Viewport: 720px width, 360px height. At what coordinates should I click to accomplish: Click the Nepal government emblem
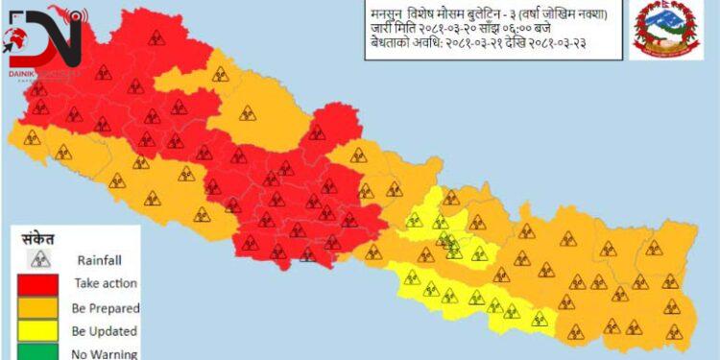pos(665,32)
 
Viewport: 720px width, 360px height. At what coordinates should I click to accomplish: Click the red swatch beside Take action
pos(39,283)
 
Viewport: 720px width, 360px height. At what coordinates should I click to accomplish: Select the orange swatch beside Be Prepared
pos(39,307)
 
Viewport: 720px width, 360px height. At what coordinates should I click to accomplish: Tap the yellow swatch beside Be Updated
pos(39,331)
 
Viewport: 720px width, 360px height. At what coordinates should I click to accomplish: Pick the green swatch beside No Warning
pos(39,352)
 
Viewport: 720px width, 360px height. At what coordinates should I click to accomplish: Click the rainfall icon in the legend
pos(39,258)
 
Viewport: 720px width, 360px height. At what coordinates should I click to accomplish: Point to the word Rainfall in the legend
pos(100,259)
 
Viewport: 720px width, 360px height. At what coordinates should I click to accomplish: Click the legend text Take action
pos(106,283)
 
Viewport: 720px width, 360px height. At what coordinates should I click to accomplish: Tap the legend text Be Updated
pos(107,331)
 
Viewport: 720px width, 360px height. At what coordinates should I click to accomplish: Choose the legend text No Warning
pos(106,353)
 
